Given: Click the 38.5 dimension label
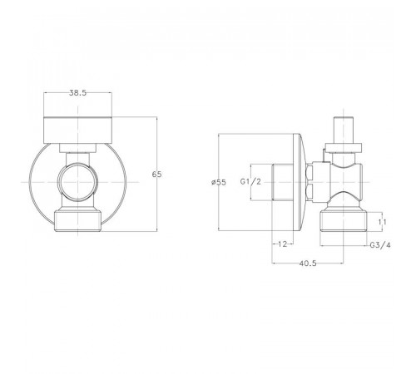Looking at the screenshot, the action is [x=77, y=93].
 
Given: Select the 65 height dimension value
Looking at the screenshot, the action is [x=156, y=175].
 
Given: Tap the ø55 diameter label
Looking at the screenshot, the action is [x=219, y=182].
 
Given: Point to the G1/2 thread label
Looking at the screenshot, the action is [x=250, y=182].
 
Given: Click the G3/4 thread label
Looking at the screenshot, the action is [x=380, y=245].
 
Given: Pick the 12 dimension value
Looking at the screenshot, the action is [x=282, y=244].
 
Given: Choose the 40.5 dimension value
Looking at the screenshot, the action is [x=308, y=263].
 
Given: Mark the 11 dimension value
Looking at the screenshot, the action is [x=382, y=222].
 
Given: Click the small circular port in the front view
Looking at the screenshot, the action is [x=78, y=182].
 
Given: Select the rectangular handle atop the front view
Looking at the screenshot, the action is [x=78, y=130].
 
